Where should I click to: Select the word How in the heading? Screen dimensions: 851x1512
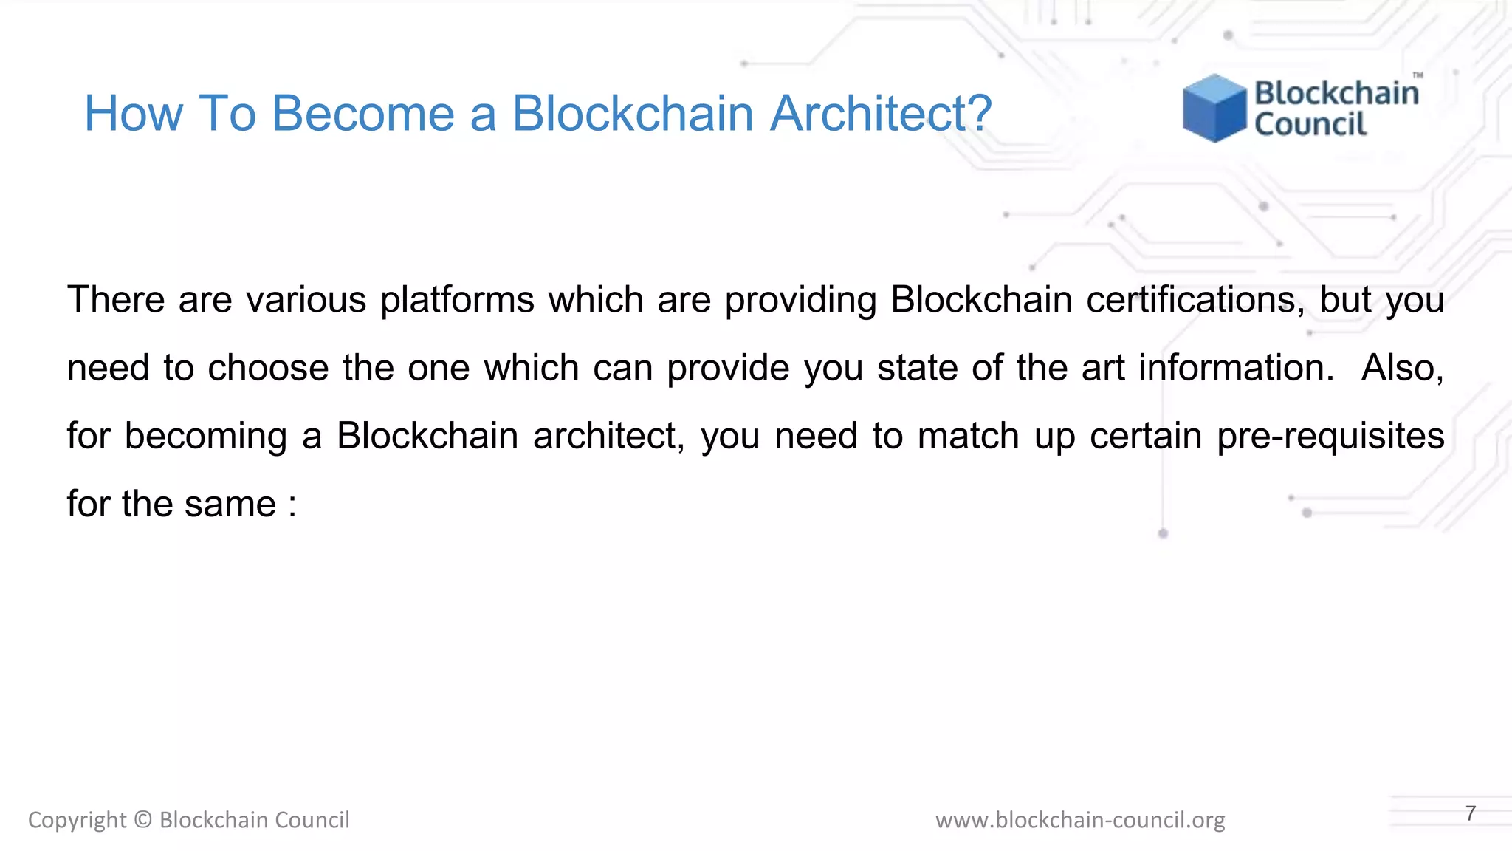133,114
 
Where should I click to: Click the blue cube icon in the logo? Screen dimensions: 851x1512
1214,108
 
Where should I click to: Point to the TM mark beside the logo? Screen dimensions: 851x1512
1417,75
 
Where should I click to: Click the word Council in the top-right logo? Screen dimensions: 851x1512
1310,125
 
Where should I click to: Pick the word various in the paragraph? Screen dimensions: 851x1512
306,300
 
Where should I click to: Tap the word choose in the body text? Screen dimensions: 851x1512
268,368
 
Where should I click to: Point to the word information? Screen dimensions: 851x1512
1237,368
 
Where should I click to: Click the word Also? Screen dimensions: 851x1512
1402,368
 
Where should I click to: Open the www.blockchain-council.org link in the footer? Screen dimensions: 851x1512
1080,820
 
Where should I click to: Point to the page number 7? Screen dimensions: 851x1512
1471,813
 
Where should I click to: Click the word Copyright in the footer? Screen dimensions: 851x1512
78,821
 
